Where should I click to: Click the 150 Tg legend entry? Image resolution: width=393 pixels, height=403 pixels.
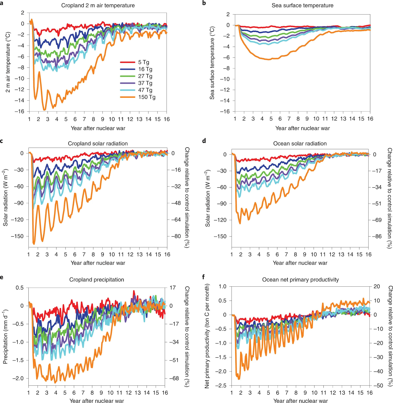point(147,97)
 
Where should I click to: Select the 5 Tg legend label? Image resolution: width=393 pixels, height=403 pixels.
point(144,62)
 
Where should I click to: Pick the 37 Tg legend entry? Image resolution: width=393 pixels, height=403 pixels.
point(145,83)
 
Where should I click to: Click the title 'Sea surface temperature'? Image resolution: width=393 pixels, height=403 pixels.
point(302,6)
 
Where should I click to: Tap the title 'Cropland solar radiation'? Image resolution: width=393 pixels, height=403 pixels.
point(98,144)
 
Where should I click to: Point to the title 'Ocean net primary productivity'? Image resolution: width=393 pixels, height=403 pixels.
point(300,280)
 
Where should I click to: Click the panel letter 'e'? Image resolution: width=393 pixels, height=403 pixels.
point(2,277)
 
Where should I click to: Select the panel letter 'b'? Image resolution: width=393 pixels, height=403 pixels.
point(204,3)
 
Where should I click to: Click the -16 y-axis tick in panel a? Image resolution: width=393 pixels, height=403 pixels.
point(19,111)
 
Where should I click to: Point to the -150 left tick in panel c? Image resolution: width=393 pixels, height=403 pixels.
point(17,236)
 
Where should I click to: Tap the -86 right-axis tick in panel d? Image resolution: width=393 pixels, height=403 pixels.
point(377,236)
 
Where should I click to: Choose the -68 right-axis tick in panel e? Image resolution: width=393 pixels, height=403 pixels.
point(174,378)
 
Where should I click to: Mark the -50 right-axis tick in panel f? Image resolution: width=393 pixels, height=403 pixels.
point(378,386)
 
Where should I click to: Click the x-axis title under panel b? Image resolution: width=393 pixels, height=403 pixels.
point(302,128)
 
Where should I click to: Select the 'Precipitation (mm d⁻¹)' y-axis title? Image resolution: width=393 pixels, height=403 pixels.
point(5,337)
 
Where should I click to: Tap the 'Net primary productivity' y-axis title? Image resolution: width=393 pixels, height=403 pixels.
point(207,336)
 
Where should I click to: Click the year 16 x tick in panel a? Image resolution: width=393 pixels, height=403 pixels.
point(167,119)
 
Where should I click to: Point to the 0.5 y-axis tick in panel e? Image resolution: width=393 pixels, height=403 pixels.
point(19,288)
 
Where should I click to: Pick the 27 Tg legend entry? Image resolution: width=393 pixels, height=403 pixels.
point(145,76)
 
